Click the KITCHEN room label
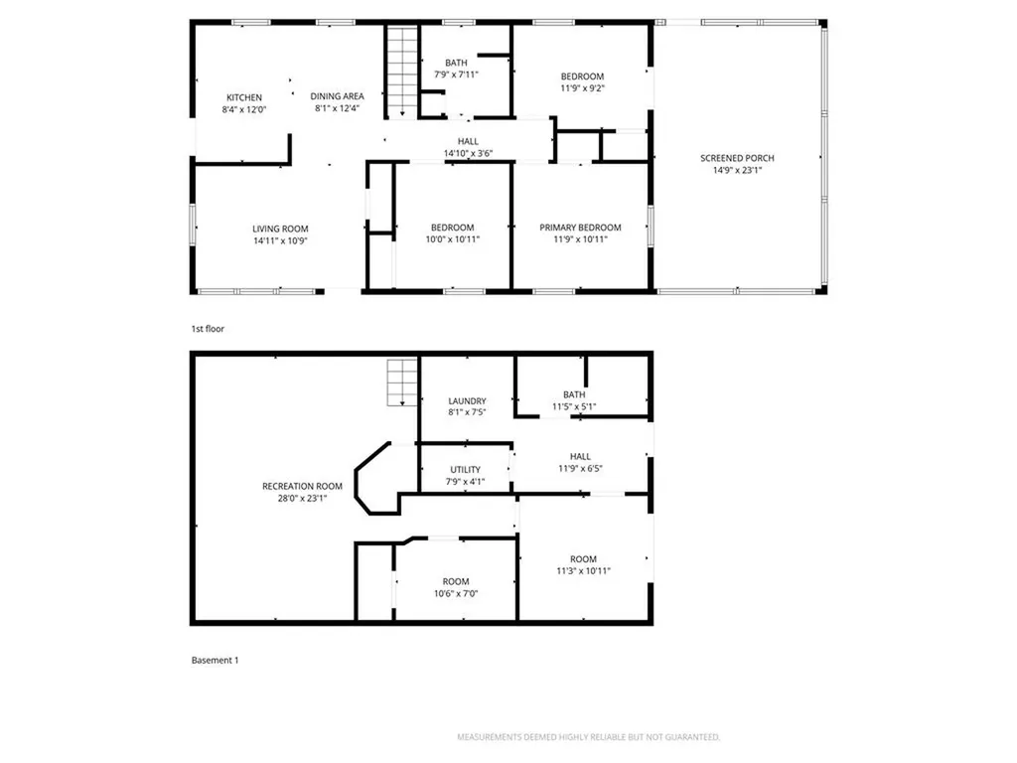click(243, 97)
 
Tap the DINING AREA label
click(337, 96)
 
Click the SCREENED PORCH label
click(737, 158)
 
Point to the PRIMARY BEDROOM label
click(580, 228)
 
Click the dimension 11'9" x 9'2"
click(582, 88)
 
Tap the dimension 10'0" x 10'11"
click(452, 239)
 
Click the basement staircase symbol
click(402, 382)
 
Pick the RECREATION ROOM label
click(302, 486)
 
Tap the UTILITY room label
click(465, 470)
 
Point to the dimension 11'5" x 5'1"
click(574, 406)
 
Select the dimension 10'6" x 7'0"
click(456, 594)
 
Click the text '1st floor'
click(209, 328)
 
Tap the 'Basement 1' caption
click(215, 660)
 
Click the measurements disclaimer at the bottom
click(588, 737)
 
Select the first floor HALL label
click(468, 141)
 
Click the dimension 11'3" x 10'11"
click(583, 571)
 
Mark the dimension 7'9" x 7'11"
click(457, 75)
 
